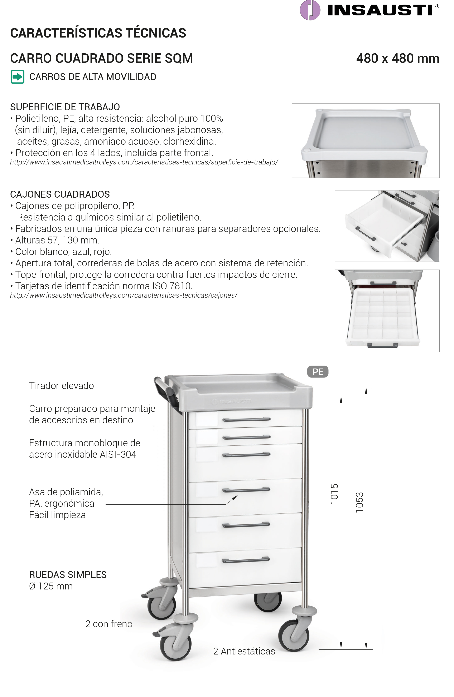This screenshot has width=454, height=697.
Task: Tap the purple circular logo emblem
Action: pyautogui.click(x=310, y=10)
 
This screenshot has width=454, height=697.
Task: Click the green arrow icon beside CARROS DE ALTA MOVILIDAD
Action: pyautogui.click(x=17, y=77)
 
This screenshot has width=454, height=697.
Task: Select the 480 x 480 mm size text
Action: pyautogui.click(x=397, y=59)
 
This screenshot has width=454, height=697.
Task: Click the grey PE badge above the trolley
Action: pyautogui.click(x=318, y=372)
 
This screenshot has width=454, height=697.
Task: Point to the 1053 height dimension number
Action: pyautogui.click(x=359, y=503)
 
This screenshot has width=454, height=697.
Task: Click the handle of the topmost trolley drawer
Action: pyautogui.click(x=246, y=420)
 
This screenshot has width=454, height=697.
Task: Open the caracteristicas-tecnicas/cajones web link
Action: pyautogui.click(x=124, y=296)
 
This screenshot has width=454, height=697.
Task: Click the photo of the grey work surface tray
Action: pyautogui.click(x=366, y=140)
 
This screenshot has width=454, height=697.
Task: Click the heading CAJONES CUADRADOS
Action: pyautogui.click(x=60, y=194)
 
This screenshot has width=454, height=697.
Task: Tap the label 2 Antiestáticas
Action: pyautogui.click(x=244, y=651)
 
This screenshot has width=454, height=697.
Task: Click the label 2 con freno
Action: pyautogui.click(x=109, y=624)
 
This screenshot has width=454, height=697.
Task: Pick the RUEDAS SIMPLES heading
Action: pyautogui.click(x=68, y=575)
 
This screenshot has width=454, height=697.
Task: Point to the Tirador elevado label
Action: pyautogui.click(x=61, y=386)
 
